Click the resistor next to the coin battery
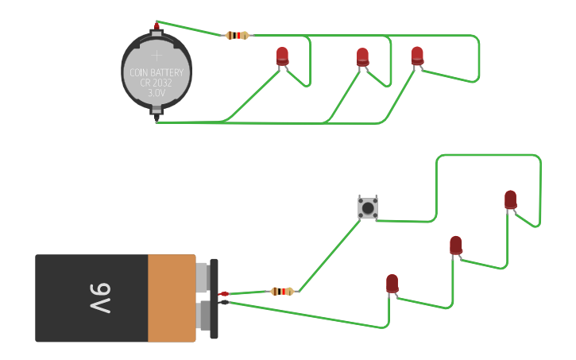pos(237,35)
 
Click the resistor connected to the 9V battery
pos(282,291)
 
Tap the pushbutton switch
pos(367,208)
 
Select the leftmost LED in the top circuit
pos(282,56)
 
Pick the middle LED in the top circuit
pos(362,56)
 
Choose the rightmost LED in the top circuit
pos(417,55)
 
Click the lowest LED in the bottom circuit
pos(392,283)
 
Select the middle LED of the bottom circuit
pos(455,245)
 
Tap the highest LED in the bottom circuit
pos(510,199)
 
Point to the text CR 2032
pos(157,83)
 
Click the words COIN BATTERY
pos(157,72)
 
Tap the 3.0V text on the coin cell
pos(157,93)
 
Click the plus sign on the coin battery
pos(157,56)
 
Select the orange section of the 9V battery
pos(172,298)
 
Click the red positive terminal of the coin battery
pos(157,28)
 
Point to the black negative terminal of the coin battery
pos(157,119)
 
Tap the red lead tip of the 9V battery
pos(224,294)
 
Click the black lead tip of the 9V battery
pos(224,302)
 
